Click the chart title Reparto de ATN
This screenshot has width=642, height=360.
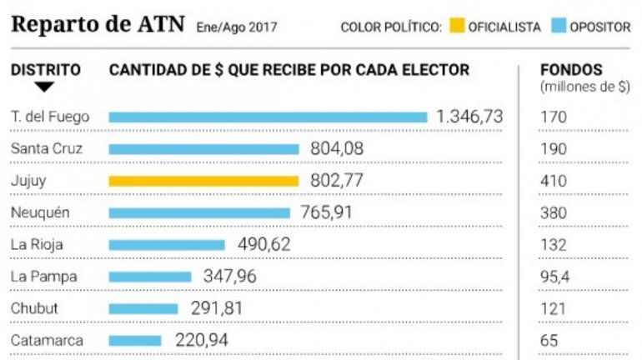pyautogui.click(x=99, y=24)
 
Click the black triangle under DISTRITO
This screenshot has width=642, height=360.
pyautogui.click(x=44, y=87)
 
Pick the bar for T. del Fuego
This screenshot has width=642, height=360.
pyautogui.click(x=268, y=117)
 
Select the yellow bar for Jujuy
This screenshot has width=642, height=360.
pyautogui.click(x=203, y=181)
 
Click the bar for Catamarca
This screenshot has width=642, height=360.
pyautogui.click(x=135, y=340)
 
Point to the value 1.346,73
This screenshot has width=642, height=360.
pyautogui.click(x=469, y=117)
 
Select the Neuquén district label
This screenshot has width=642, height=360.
pyautogui.click(x=40, y=212)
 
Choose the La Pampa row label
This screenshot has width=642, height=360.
pyautogui.click(x=38, y=276)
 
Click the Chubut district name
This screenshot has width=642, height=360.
pyautogui.click(x=34, y=307)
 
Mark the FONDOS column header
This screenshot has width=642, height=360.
pyautogui.click(x=571, y=70)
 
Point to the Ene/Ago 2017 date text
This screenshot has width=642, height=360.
pyautogui.click(x=237, y=27)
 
